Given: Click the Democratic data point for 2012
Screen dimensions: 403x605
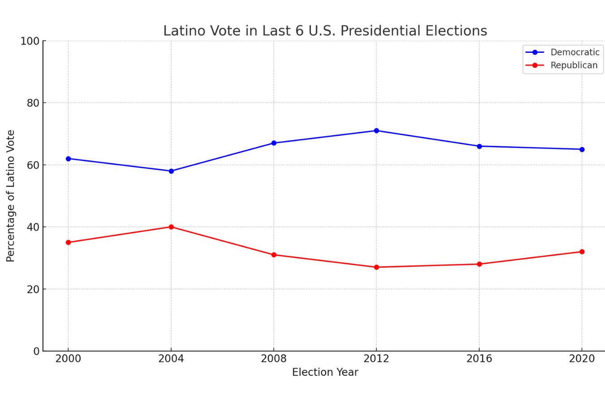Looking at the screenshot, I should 376,131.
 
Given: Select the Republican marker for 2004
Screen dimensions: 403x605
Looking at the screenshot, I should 171,227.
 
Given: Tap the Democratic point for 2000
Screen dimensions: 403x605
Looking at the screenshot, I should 68,159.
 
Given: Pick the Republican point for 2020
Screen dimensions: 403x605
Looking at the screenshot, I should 582,252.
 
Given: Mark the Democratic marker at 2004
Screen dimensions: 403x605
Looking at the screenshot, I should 171,171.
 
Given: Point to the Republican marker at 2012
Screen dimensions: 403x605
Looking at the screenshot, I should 376,267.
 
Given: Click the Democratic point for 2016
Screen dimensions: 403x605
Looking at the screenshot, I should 479,146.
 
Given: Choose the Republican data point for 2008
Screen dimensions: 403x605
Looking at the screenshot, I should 274,255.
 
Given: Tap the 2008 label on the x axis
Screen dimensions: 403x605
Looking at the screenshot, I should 274,359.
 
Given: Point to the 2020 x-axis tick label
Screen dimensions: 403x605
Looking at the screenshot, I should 582,359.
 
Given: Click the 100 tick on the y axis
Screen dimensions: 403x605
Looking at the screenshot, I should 30,41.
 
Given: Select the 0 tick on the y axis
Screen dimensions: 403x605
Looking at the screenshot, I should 36,352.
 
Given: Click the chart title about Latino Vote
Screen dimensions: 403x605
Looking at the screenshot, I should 325,31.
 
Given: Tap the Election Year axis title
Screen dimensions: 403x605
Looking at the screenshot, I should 325,373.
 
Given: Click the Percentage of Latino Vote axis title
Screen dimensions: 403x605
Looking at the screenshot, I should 11,196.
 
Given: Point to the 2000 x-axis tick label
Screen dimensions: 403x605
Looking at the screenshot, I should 68,359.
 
